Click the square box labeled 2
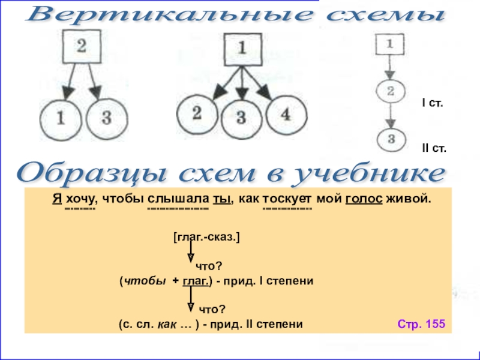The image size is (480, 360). pyautogui.click(x=83, y=47)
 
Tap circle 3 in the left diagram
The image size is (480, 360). pyautogui.click(x=106, y=118)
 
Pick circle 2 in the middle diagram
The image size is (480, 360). pyautogui.click(x=196, y=112)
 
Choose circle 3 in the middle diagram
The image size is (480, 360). pyautogui.click(x=241, y=117)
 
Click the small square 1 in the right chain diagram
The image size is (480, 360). pyautogui.click(x=390, y=43)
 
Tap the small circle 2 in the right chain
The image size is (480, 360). pyautogui.click(x=390, y=92)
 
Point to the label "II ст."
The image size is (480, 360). pyautogui.click(x=434, y=148)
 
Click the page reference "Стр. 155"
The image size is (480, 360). pyautogui.click(x=421, y=324)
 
